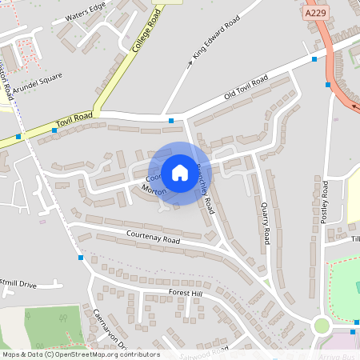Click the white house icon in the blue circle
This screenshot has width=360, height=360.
coord(180,173)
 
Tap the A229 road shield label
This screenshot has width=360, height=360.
coord(315,14)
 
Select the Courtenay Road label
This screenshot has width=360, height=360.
coord(153,238)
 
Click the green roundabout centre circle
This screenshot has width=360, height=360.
coord(322,326)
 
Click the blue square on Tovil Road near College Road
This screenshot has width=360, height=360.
coord(55,130)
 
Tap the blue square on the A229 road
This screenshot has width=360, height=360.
coord(329,84)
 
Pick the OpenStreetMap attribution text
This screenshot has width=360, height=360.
coord(81,354)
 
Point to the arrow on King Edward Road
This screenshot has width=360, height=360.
coord(190,62)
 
